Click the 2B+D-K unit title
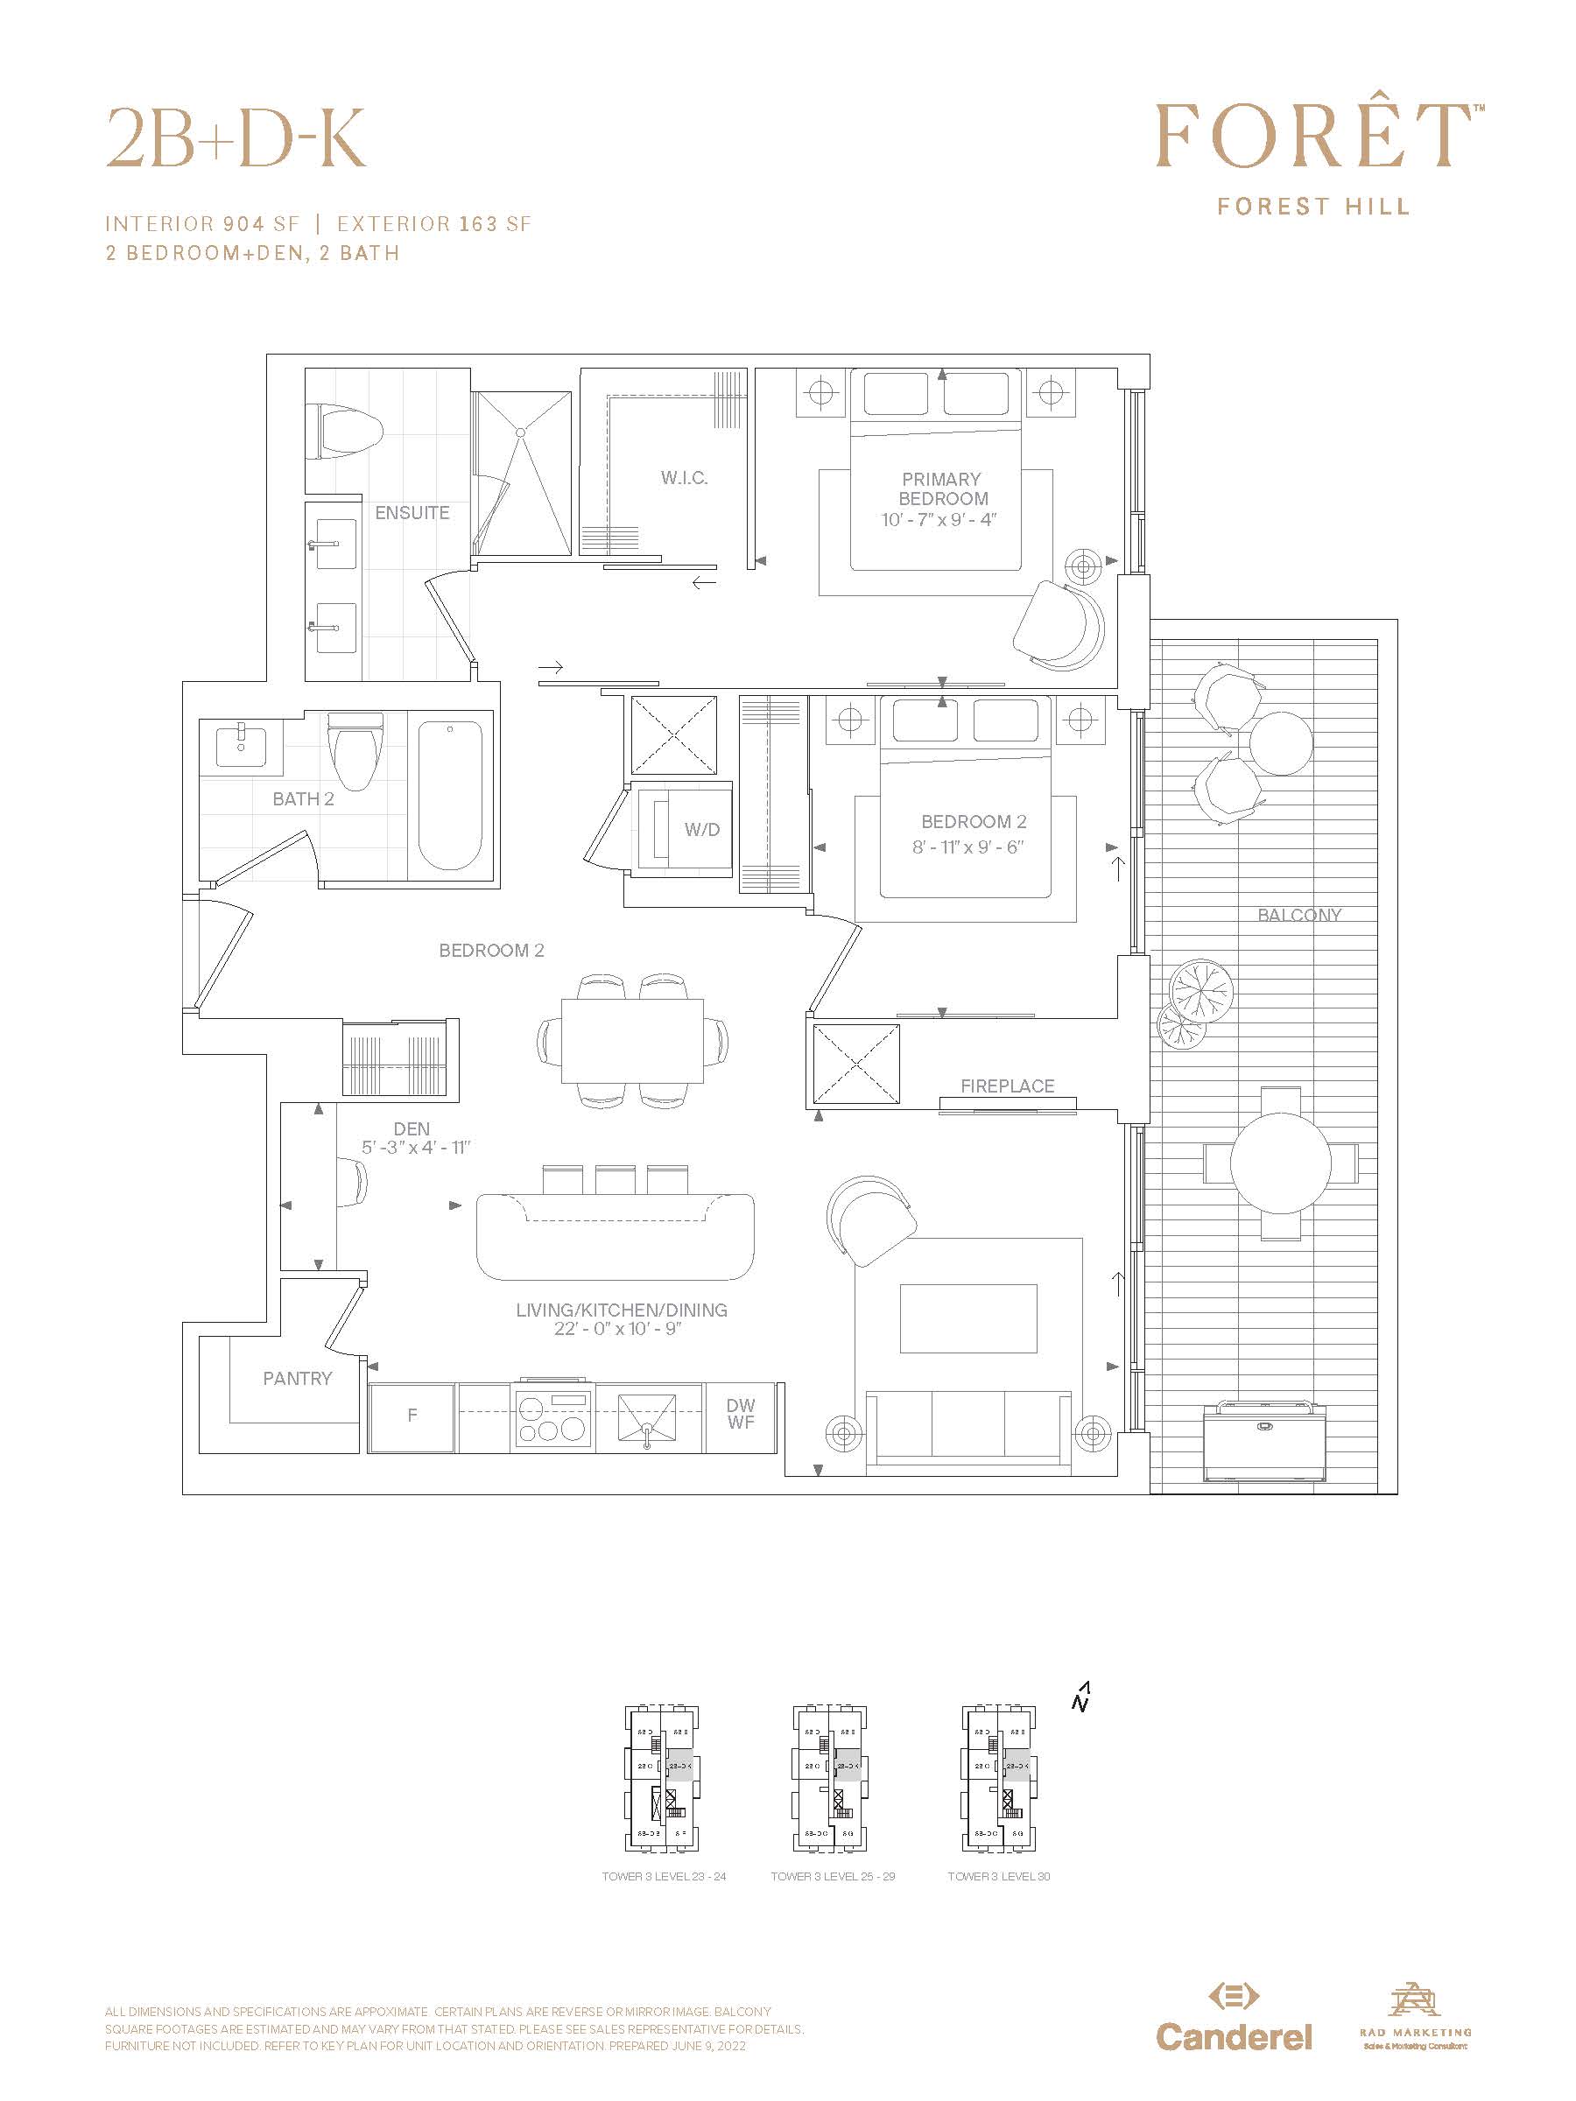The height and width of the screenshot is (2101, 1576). [x=236, y=138]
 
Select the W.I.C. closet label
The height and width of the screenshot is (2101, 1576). [x=684, y=478]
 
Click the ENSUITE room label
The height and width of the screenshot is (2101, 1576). [x=412, y=513]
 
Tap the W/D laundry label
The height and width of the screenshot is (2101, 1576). [x=702, y=829]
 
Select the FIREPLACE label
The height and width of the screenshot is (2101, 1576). [x=1007, y=1086]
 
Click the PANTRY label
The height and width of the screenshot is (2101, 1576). [x=298, y=1378]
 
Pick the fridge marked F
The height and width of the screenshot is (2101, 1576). [x=412, y=1416]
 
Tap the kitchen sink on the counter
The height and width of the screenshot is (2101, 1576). [x=648, y=1419]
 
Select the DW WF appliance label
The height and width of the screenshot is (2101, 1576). [x=741, y=1413]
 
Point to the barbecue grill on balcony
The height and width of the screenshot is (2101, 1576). [x=1263, y=1440]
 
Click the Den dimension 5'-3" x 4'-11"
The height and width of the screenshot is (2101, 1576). [x=415, y=1148]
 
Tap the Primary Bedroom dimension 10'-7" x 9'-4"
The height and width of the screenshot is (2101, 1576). [x=938, y=519]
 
